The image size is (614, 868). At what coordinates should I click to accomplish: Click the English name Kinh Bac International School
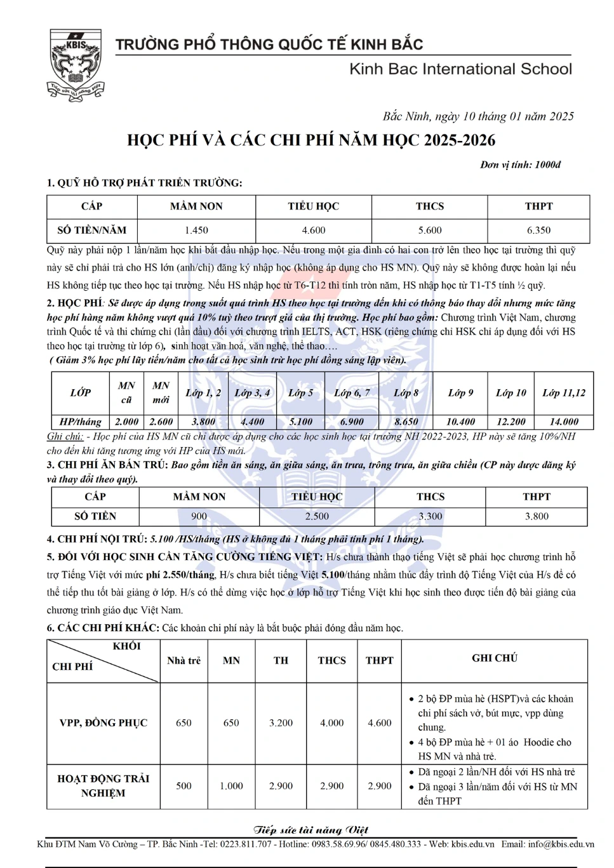(460, 69)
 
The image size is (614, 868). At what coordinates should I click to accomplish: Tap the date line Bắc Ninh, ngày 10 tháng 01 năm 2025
(477, 116)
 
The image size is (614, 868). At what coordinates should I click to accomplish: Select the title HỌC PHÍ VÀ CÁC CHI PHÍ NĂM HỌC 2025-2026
(311, 140)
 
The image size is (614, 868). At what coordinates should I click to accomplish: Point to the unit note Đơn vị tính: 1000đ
(520, 165)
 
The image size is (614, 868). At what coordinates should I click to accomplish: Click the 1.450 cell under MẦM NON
(196, 230)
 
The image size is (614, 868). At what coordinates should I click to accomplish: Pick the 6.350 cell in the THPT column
(538, 230)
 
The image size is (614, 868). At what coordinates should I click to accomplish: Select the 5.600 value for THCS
(430, 230)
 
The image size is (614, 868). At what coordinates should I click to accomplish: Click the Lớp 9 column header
(460, 393)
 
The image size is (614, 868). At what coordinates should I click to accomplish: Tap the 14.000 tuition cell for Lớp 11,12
(564, 422)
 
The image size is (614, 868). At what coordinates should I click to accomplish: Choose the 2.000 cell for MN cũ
(126, 422)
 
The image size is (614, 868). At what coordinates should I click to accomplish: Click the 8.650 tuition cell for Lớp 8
(406, 422)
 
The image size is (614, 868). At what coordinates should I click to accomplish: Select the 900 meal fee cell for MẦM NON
(199, 516)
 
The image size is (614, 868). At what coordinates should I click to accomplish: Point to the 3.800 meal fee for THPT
(537, 516)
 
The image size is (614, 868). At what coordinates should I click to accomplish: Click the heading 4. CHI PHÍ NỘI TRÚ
(97, 539)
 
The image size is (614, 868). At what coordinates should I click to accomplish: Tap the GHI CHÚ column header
(494, 658)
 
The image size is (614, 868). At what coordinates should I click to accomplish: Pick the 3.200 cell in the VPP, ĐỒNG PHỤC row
(281, 723)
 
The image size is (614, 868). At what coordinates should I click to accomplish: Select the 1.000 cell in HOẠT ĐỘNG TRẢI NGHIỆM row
(231, 786)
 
